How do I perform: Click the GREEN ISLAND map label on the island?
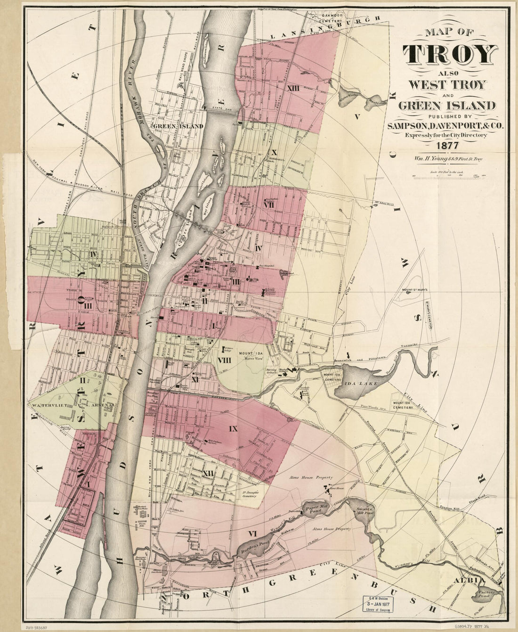pos(178,126)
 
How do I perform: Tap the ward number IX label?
pos(232,429)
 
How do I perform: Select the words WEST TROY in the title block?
pos(445,85)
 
